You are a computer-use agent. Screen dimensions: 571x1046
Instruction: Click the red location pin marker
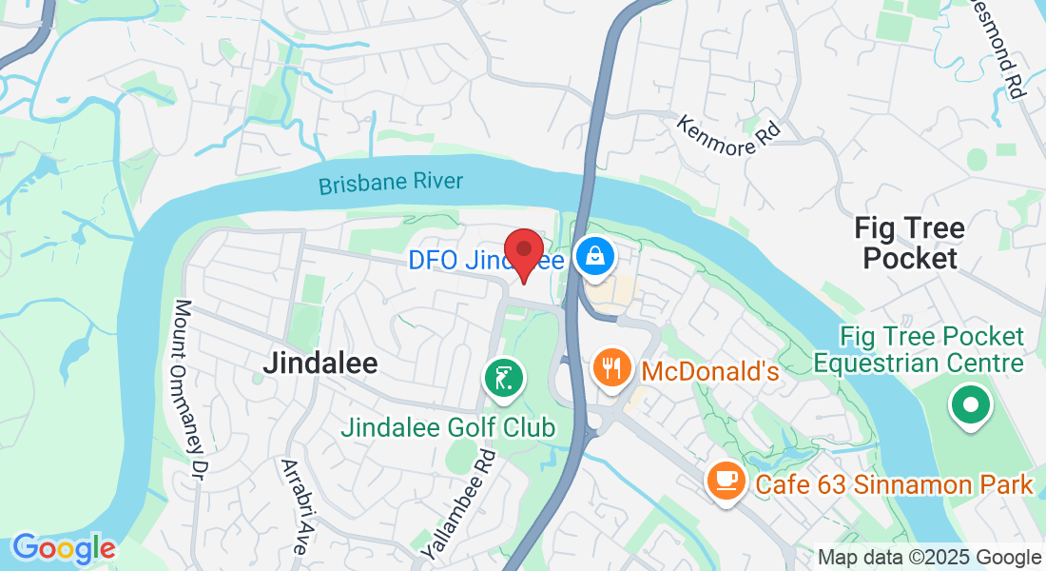[523, 252]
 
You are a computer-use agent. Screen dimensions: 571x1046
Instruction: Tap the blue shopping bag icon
[595, 257]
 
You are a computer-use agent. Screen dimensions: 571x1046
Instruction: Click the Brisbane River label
[391, 183]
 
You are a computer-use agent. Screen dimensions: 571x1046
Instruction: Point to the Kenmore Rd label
[727, 134]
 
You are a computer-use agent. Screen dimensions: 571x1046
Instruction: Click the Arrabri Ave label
[294, 506]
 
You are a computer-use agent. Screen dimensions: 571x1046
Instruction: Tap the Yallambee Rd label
[459, 503]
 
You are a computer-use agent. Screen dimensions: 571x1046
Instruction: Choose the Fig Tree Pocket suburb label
[909, 243]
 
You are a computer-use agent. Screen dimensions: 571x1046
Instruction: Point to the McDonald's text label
[710, 371]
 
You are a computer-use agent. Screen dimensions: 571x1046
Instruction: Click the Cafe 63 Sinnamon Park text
[894, 484]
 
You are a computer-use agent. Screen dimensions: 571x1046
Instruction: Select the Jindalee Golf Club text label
[448, 427]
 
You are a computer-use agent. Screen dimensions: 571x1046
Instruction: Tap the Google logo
[63, 548]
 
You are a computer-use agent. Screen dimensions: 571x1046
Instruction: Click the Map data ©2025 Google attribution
[929, 558]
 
